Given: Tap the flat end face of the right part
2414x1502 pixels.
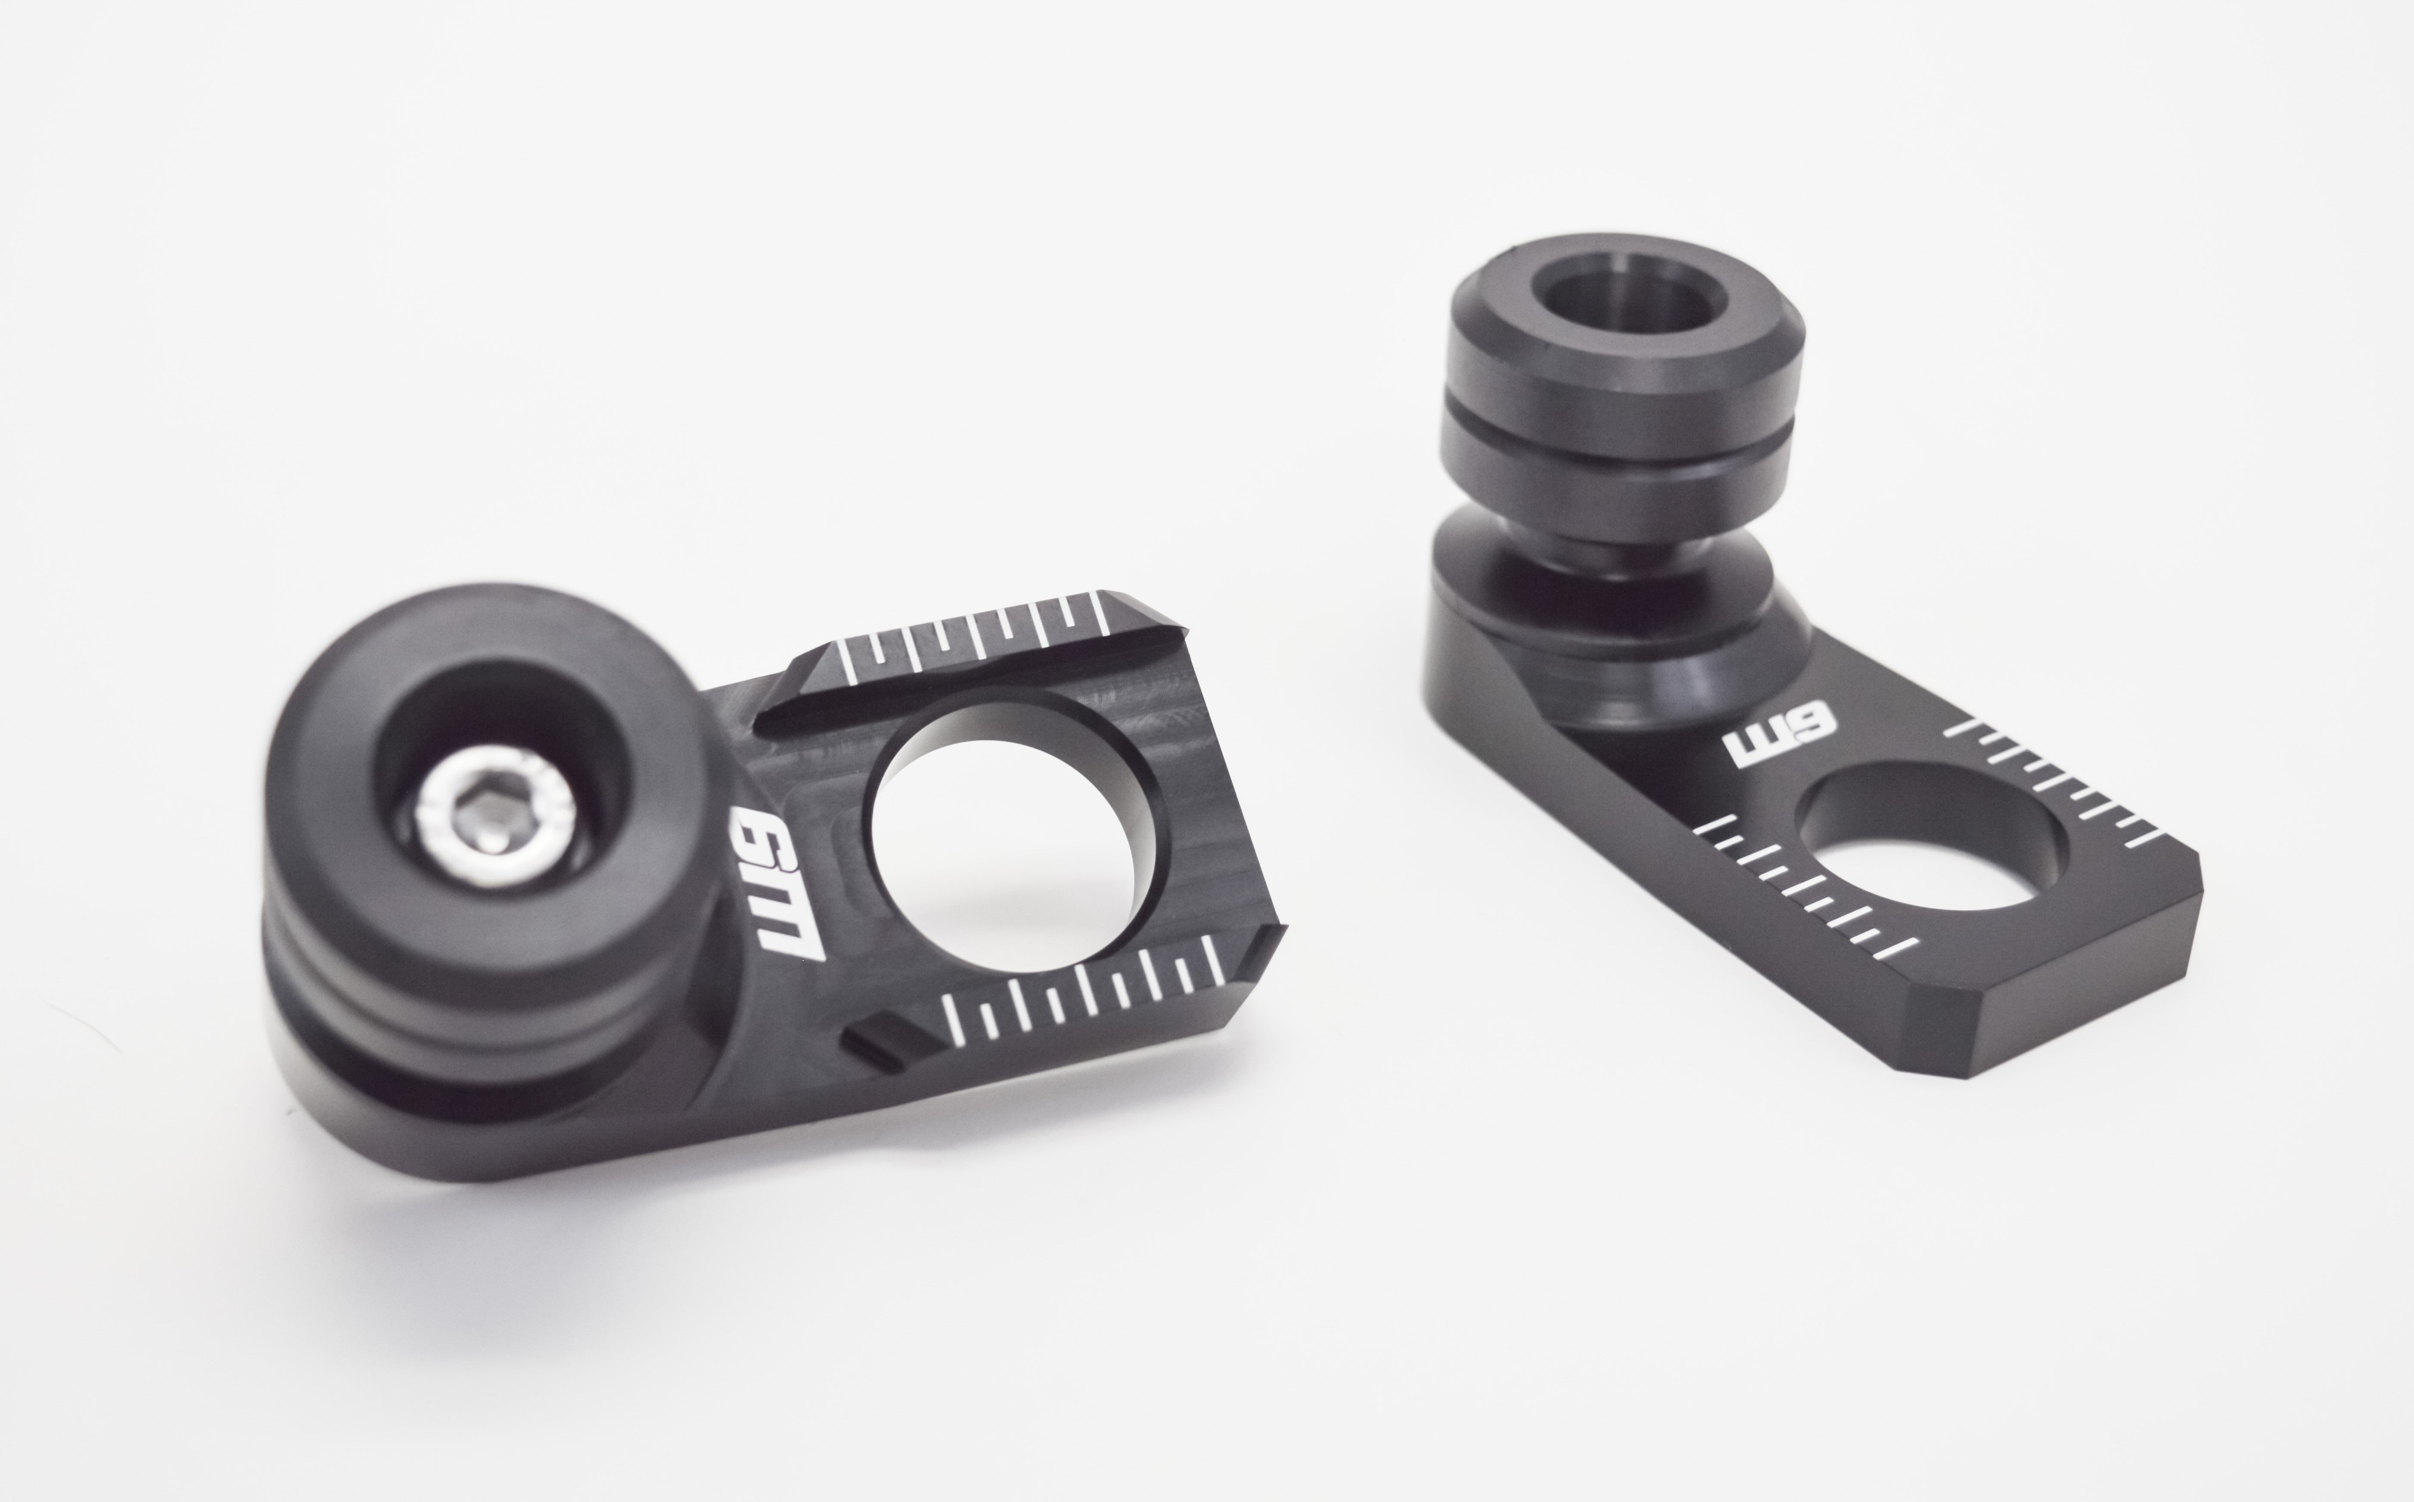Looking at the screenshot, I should coord(2087,1003).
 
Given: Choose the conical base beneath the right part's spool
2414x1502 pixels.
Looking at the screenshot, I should coord(1610,646).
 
